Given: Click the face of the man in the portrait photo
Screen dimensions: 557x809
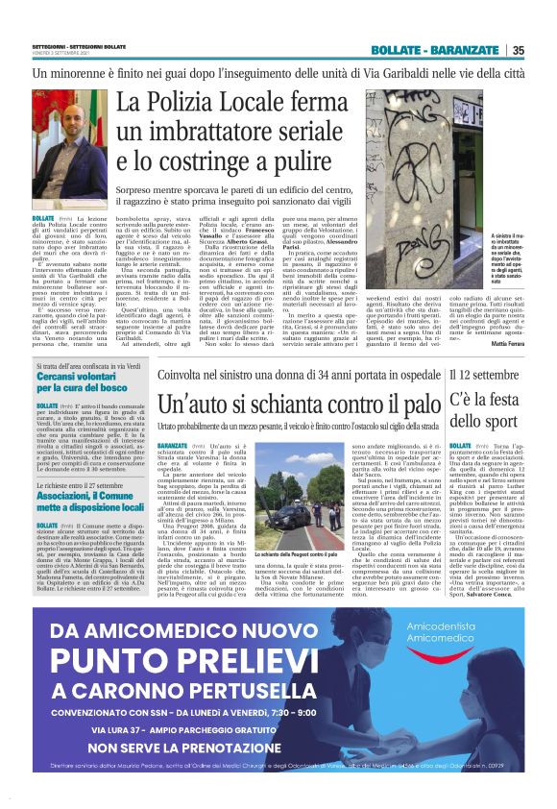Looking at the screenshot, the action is point(66,135).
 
